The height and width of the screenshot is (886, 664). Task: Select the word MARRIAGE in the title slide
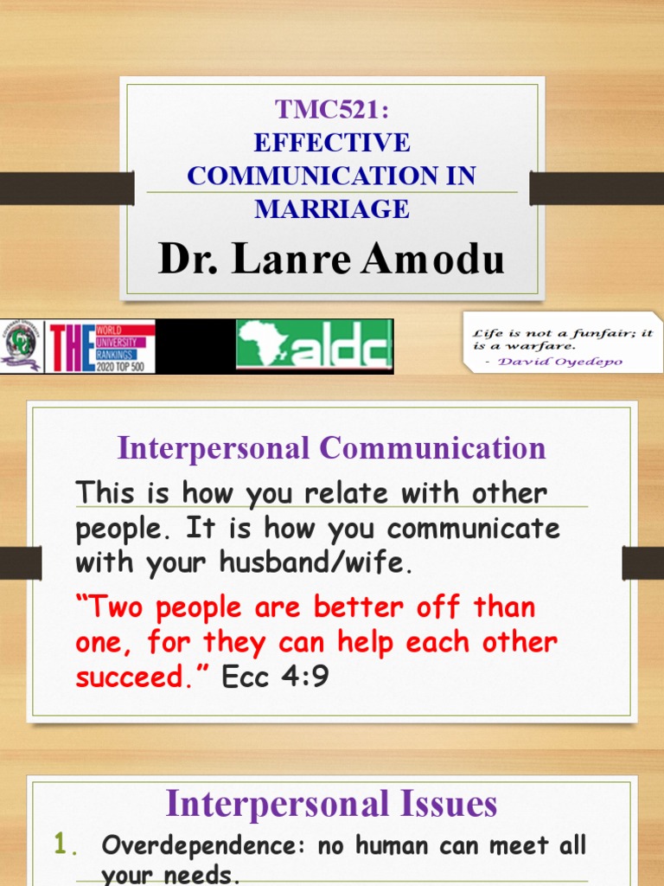[332, 209]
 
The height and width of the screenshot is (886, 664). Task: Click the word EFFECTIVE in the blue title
[332, 142]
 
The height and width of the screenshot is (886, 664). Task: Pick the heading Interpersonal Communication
[332, 448]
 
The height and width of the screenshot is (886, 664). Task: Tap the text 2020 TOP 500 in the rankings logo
[124, 366]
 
